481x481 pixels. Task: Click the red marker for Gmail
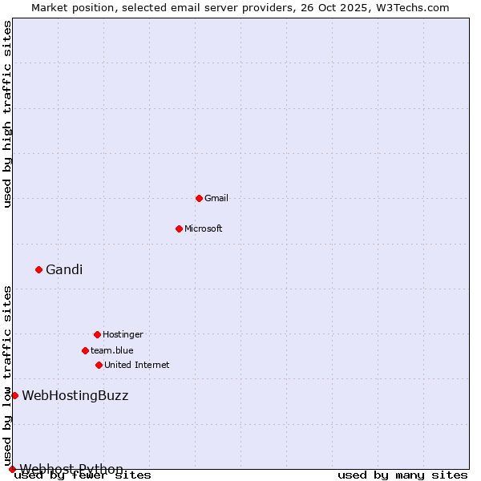coord(199,198)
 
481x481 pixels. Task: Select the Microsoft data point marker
coord(179,228)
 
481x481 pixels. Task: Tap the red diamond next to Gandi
coord(38,269)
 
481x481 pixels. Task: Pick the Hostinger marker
coord(97,334)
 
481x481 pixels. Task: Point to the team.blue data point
coord(85,350)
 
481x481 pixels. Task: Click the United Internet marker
coord(99,365)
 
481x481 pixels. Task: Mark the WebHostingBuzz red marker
coord(14,395)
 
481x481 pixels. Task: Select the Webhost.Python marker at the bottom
coord(12,469)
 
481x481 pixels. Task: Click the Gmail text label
coord(216,198)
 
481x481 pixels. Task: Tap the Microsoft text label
coord(204,228)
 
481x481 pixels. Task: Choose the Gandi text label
coord(64,269)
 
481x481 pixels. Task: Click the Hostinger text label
coord(123,334)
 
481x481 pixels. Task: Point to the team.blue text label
coord(112,350)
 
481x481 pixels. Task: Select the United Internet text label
coord(137,365)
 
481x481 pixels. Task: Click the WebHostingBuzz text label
coord(75,395)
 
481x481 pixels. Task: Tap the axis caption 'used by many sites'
coord(402,475)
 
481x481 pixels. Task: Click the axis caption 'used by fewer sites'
coord(83,475)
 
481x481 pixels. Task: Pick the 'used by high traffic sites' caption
coord(8,115)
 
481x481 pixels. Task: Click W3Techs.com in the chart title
coord(415,7)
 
